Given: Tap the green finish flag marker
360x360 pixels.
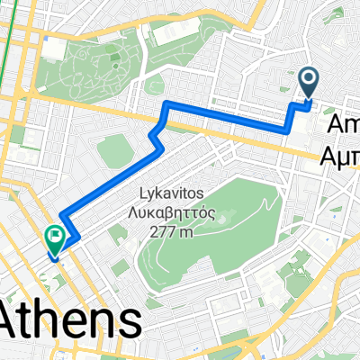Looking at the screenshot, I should pos(56,238).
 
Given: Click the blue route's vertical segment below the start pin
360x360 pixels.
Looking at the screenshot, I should pos(292,117).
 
